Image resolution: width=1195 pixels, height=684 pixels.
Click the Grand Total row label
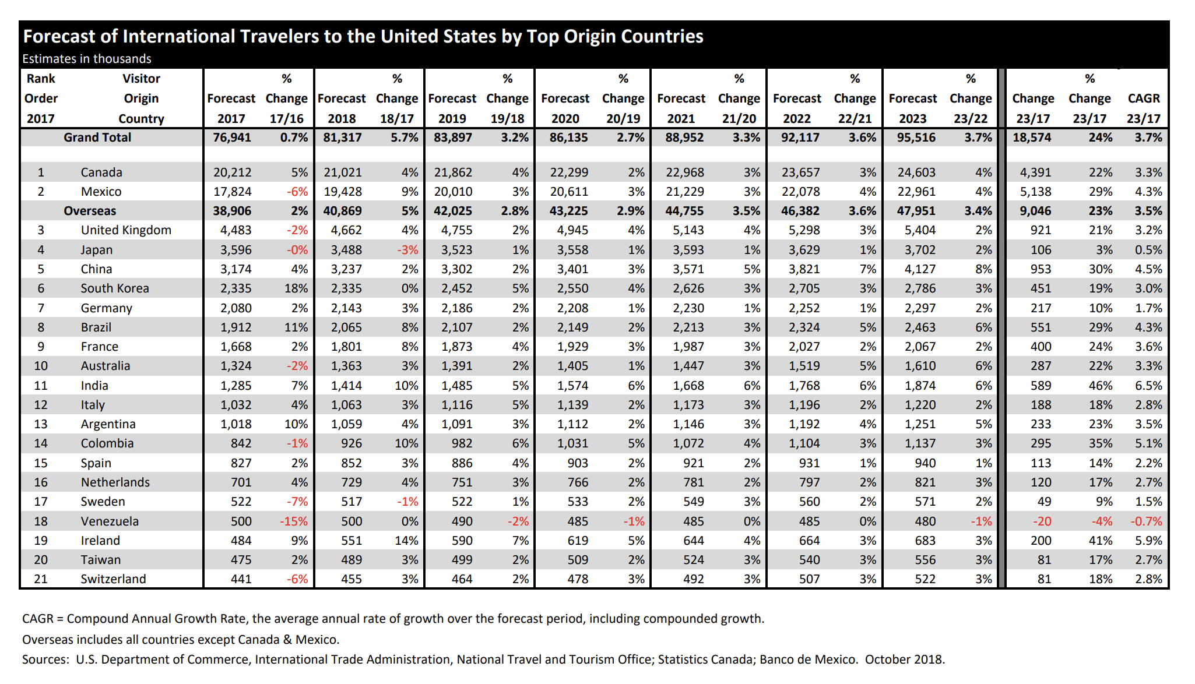coord(97,137)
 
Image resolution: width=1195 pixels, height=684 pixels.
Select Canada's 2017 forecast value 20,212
coord(232,172)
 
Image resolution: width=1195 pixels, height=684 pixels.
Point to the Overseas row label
coord(90,211)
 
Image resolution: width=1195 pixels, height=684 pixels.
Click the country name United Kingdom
coord(126,230)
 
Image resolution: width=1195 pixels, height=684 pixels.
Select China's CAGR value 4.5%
coord(1148,269)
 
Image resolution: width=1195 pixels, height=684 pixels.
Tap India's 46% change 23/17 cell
coord(1101,386)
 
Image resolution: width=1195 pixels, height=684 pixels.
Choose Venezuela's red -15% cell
coord(294,521)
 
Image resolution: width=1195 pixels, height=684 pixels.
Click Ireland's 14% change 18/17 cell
coord(406,541)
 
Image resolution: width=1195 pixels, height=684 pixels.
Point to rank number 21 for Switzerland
coord(41,579)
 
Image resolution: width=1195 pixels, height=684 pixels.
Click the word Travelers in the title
coord(280,37)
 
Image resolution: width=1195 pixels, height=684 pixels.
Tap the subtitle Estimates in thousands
coord(87,59)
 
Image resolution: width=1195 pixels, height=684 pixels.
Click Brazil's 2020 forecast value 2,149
coord(572,327)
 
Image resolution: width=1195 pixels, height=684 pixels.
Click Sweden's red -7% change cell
coord(297,502)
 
